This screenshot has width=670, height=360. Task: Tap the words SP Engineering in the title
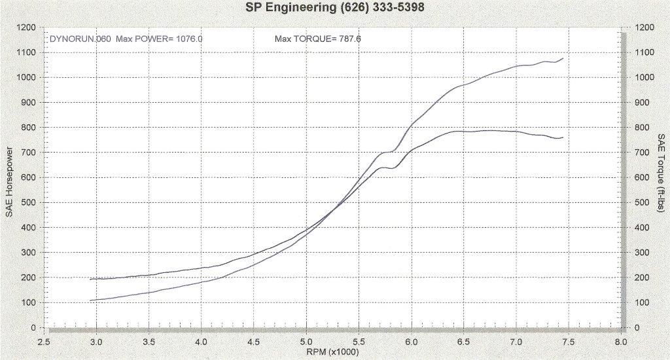pos(283,10)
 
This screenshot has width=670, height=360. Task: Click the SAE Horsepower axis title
pos(9,179)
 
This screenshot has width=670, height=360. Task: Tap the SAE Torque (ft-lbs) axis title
pos(660,179)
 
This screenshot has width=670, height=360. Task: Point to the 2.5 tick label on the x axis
pos(44,342)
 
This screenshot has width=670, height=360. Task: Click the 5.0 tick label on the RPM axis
pos(306,342)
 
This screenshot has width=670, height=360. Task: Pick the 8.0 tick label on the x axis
pos(621,342)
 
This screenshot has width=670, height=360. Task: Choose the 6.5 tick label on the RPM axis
pos(464,342)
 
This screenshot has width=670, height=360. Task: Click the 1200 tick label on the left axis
pos(27,27)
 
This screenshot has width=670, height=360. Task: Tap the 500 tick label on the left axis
pos(29,202)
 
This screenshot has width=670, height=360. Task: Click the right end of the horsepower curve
pos(563,58)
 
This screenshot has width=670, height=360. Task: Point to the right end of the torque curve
pos(563,137)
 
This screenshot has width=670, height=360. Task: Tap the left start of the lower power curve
pos(91,300)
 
